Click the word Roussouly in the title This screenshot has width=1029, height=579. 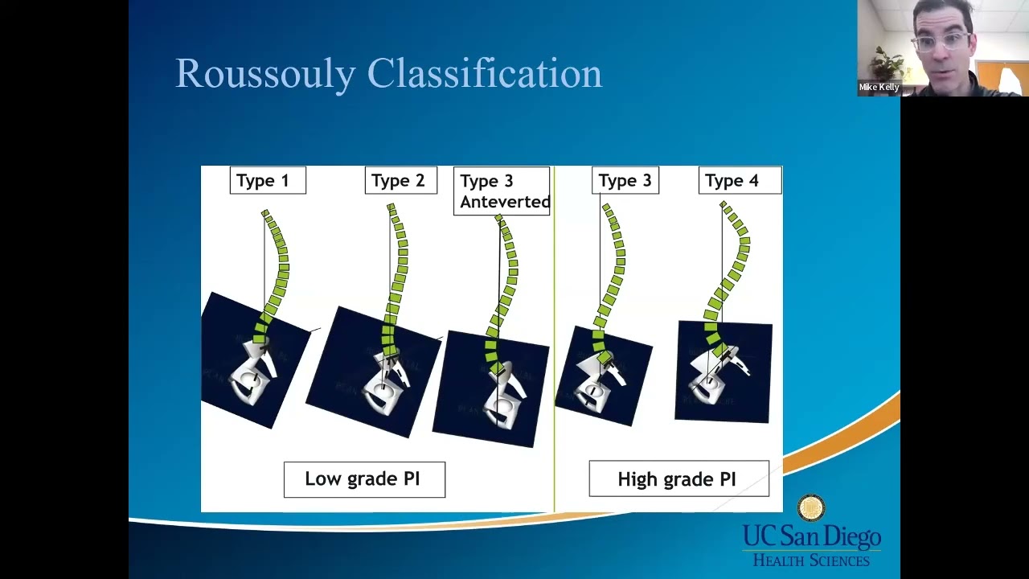(x=265, y=74)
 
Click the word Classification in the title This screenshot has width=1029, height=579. (x=484, y=74)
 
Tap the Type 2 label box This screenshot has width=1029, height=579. (x=400, y=181)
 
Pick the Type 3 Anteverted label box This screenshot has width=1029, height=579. (x=502, y=191)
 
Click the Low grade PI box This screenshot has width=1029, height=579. (x=364, y=479)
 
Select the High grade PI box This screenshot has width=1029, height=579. (x=678, y=479)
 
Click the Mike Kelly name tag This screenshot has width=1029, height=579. (x=879, y=87)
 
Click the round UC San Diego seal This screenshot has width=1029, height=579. (x=811, y=508)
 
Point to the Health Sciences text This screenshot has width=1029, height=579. (x=810, y=561)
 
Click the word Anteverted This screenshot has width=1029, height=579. (x=505, y=202)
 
